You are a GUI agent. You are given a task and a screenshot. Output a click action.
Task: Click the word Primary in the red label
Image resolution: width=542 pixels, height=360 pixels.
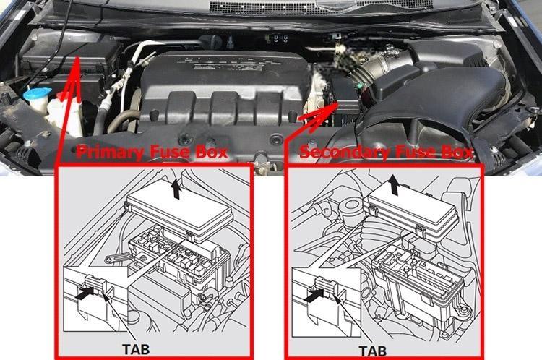[x=110, y=152]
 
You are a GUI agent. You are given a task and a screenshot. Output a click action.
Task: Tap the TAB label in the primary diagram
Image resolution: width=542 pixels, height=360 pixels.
[x=136, y=349]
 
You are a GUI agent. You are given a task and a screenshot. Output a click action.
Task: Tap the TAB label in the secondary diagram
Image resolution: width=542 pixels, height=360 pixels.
[x=373, y=351]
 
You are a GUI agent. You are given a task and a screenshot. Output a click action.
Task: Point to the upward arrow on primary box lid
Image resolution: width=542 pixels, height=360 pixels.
[x=176, y=189]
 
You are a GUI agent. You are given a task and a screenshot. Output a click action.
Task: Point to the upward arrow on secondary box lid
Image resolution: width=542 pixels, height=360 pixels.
[x=393, y=184]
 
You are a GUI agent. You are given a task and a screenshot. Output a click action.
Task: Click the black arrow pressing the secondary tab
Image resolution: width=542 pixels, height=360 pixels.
[x=314, y=296]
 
